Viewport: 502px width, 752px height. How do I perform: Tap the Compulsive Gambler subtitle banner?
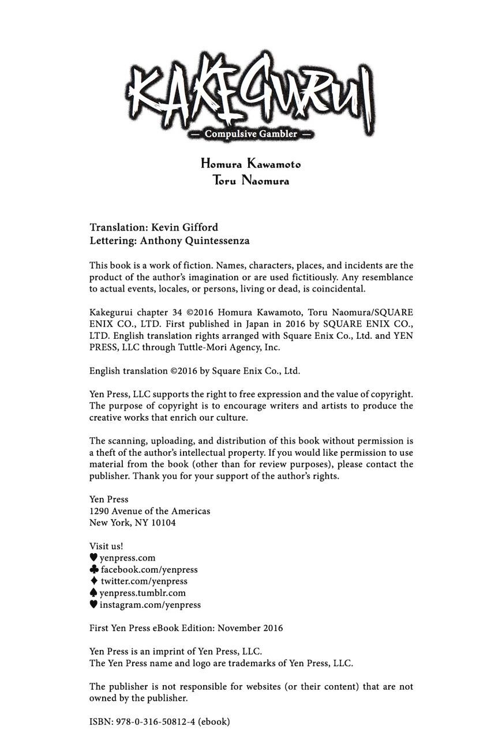[x=250, y=134]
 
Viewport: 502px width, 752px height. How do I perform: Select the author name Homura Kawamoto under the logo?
[x=250, y=164]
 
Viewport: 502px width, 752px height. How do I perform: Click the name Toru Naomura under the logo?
[x=250, y=180]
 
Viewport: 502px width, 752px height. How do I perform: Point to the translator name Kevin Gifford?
[x=185, y=227]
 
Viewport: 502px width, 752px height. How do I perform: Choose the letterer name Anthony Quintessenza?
[x=194, y=241]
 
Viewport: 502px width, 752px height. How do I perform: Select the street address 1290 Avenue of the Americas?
[x=149, y=511]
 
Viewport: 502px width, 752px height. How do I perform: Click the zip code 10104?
[x=163, y=523]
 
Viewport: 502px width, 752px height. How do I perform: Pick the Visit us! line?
[x=106, y=546]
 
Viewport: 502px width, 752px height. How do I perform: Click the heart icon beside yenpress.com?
[x=93, y=558]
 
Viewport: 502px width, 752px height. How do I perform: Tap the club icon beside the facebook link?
[x=94, y=569]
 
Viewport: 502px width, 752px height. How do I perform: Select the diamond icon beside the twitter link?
[x=93, y=581]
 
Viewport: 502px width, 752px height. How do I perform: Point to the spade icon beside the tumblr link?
[x=93, y=592]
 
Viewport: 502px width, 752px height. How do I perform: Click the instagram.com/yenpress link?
[x=150, y=605]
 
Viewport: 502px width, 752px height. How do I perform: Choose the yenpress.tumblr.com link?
[x=143, y=593]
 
